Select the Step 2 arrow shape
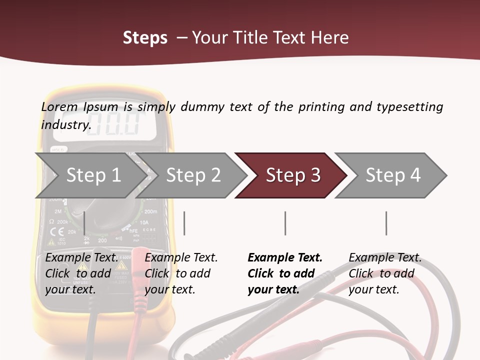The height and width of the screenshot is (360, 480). pos(192,175)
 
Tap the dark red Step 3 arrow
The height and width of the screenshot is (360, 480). pos(292,175)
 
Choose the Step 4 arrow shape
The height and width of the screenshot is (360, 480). pos(392,175)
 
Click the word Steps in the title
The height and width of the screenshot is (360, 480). pos(145,38)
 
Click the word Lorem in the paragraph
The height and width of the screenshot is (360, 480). pos(59,106)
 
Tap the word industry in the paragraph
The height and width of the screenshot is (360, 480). pos(65,124)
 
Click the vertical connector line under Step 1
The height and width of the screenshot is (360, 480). pos(84,223)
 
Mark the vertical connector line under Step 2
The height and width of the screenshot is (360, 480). pos(184,223)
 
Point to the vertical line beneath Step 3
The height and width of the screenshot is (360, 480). pos(285,223)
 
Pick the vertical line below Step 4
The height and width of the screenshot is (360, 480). pos(386,223)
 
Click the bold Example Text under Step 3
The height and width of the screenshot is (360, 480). pos(285,258)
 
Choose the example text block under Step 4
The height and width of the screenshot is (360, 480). pos(384,273)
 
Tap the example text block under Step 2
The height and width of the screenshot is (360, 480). pos(180,273)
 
